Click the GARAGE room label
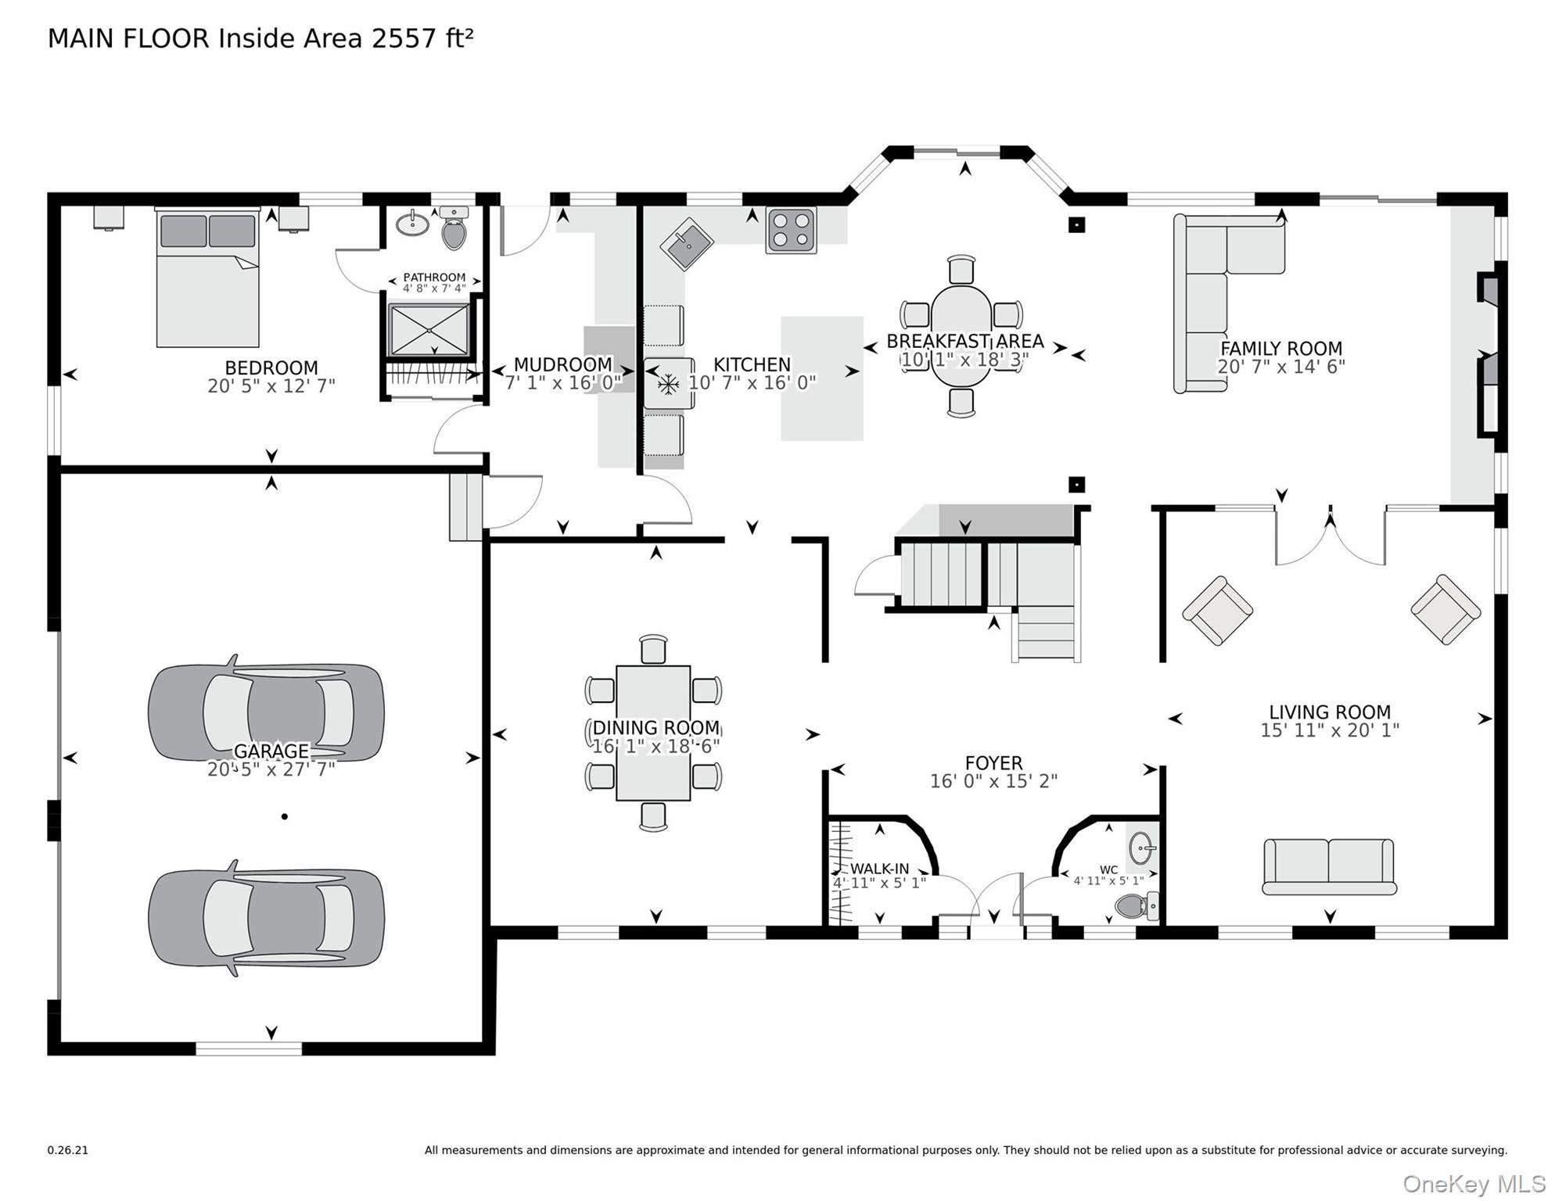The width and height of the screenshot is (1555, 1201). pos(271,751)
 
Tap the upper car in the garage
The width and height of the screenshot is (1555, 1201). pos(266,712)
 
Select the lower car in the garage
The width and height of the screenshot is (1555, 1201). pos(266,918)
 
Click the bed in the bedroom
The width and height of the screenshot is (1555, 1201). pos(207,278)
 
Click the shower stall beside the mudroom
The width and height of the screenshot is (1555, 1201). pos(429,330)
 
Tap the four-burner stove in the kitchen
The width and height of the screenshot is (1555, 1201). pos(792,230)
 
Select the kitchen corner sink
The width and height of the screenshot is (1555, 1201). pos(686,244)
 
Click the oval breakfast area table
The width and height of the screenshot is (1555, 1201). pos(961,336)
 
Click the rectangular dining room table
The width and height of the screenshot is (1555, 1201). pos(653,733)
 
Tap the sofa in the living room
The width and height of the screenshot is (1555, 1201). pos(1329,866)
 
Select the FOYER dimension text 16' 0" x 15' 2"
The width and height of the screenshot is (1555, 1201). pos(993,781)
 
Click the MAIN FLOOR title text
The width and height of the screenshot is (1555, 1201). pos(260,38)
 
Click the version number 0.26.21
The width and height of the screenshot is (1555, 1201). pos(68,1150)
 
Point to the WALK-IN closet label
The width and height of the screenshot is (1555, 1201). pos(879,869)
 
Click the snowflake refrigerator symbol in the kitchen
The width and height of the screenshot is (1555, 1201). pos(668,384)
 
